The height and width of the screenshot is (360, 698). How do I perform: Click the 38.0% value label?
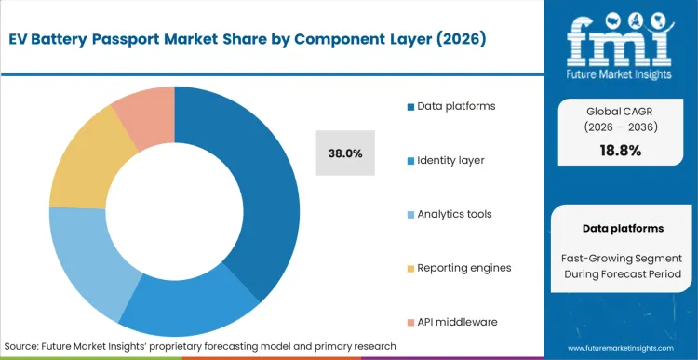click(345, 153)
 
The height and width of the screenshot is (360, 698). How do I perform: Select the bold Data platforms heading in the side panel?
click(623, 228)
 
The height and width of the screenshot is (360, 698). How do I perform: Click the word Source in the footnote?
click(23, 345)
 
